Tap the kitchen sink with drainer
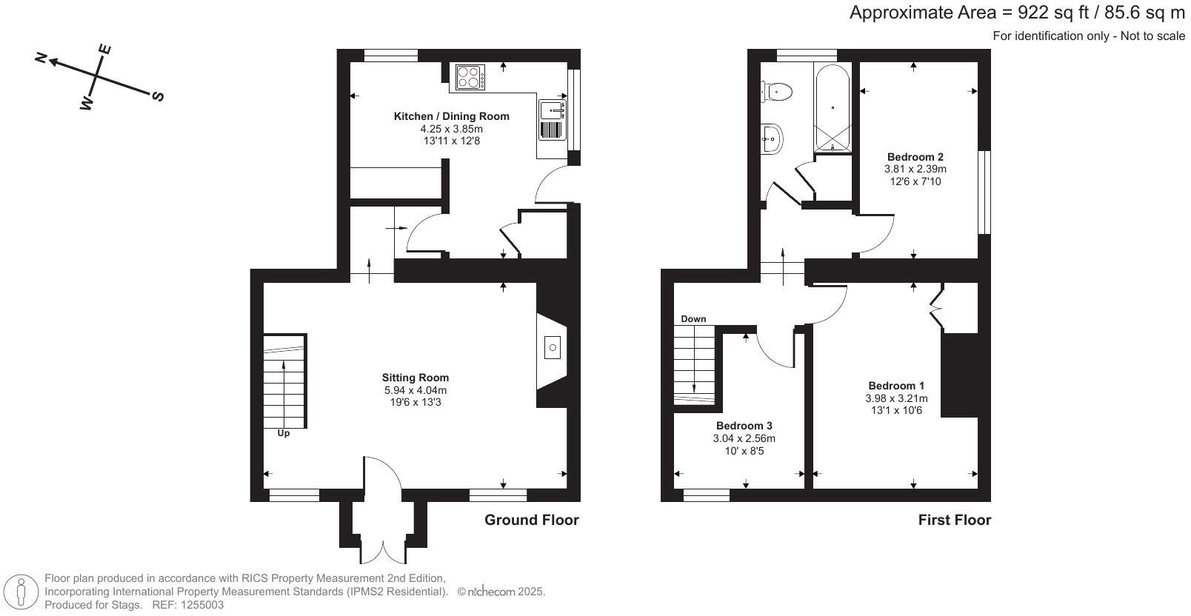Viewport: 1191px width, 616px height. tap(553, 121)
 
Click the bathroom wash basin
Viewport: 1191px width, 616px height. tap(772, 138)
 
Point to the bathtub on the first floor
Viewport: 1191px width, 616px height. tap(833, 108)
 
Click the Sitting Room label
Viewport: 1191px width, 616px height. tap(415, 378)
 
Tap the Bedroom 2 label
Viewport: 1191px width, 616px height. tap(915, 157)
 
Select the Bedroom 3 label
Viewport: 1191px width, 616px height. tap(744, 426)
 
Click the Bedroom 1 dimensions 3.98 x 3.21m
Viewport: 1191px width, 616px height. tap(896, 398)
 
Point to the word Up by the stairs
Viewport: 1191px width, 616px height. tap(283, 433)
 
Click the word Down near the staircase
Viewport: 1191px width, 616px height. tap(693, 319)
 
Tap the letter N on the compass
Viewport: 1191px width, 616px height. tap(42, 57)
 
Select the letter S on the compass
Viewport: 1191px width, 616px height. tap(157, 96)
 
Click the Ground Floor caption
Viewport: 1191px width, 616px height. tap(531, 520)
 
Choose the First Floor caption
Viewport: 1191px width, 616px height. tap(954, 520)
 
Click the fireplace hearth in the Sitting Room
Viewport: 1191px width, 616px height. tap(552, 347)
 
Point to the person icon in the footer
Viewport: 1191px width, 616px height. tap(21, 592)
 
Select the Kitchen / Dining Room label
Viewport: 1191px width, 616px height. tap(451, 116)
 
